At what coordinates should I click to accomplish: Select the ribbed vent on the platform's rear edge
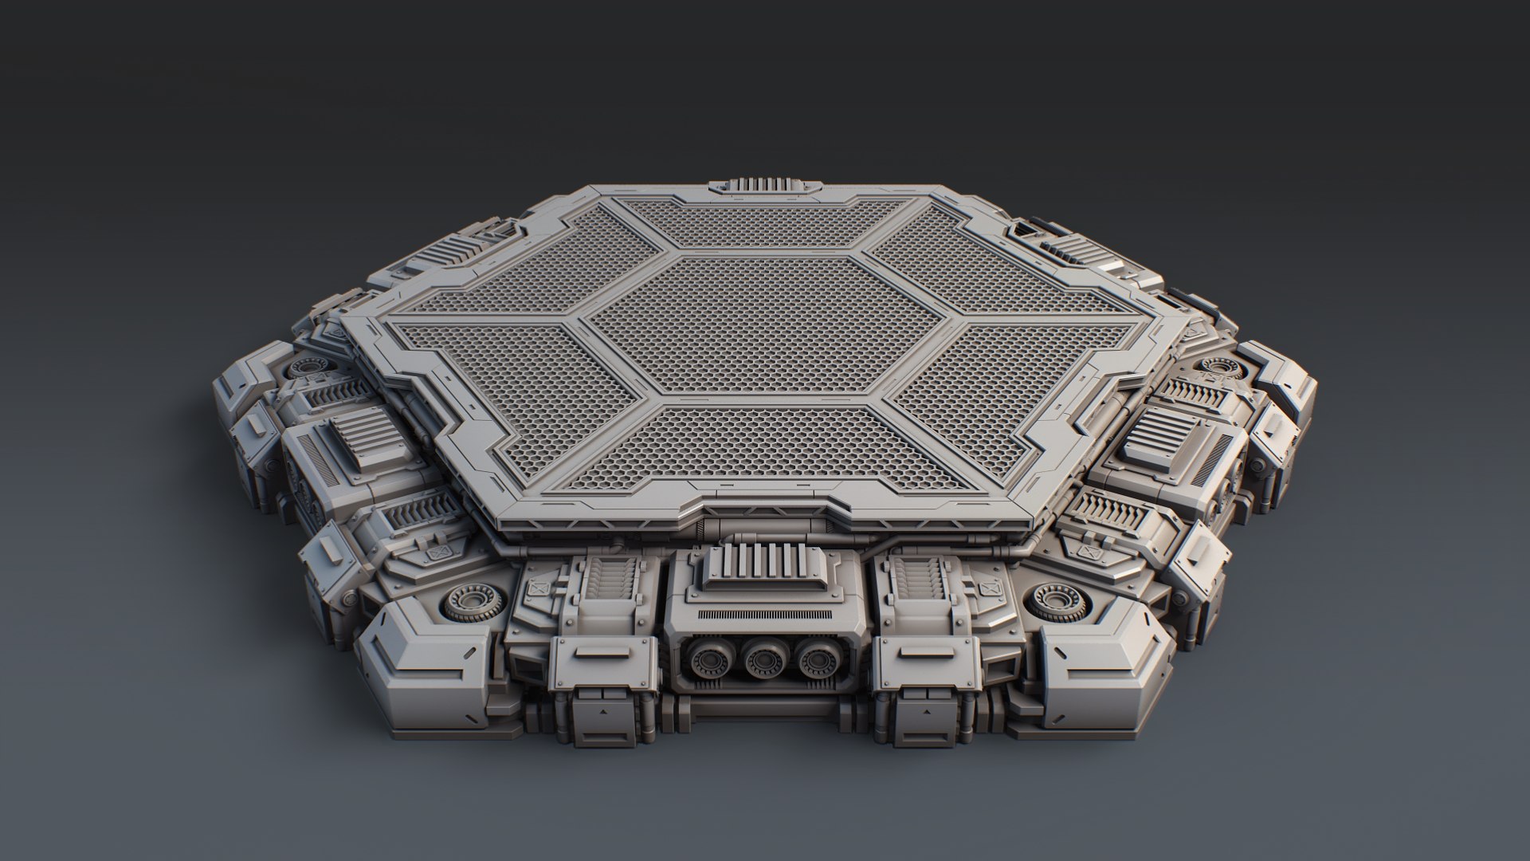pyautogui.click(x=763, y=184)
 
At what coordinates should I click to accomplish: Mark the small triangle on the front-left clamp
pyautogui.click(x=602, y=707)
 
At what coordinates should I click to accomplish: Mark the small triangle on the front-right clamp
pyautogui.click(x=927, y=707)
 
